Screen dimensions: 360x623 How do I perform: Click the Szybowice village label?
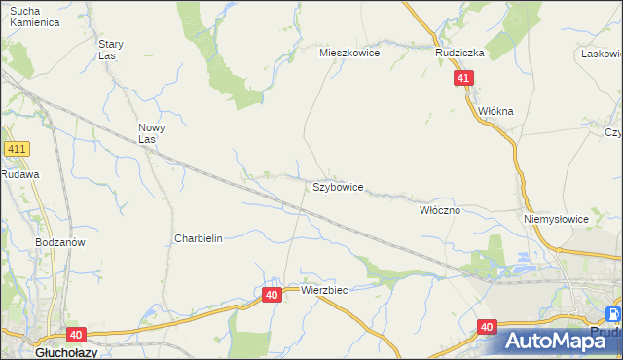[338, 186]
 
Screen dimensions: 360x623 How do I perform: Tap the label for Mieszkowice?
[349, 54]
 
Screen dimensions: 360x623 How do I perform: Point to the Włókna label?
[495, 111]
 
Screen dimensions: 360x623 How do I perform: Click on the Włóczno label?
[439, 209]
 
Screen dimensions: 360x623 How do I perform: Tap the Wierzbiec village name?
[324, 290]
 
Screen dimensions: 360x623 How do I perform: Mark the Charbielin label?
[199, 238]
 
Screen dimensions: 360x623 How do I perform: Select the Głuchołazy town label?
[36, 352]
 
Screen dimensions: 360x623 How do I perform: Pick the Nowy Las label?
[151, 133]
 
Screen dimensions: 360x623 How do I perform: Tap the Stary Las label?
[110, 50]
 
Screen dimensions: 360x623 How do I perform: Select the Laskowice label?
[602, 54]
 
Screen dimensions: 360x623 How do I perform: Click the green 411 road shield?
[18, 149]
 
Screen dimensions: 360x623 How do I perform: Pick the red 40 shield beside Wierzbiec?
[272, 294]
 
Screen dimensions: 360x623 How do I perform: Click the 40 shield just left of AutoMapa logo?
[488, 328]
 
